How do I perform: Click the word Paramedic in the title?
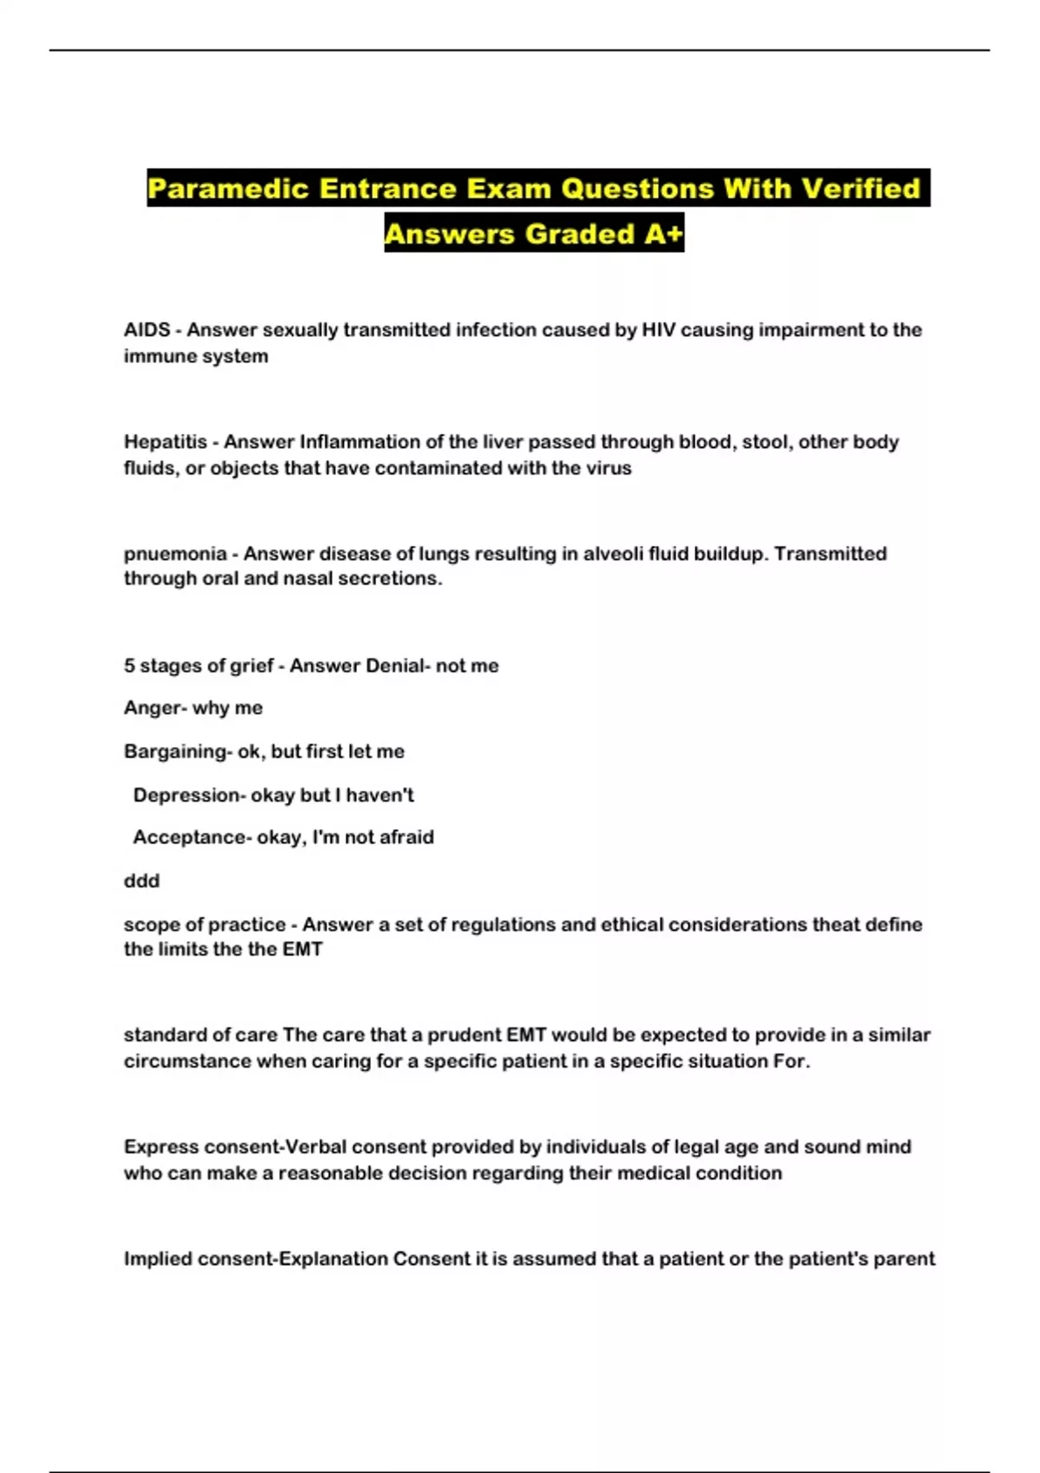coord(228,189)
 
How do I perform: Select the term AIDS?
coord(146,330)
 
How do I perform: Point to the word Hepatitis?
coord(165,442)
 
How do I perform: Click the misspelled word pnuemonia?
coord(175,554)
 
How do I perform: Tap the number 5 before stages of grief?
coord(129,665)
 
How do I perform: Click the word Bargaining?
coord(175,751)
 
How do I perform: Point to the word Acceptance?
coord(189,837)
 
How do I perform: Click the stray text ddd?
coord(141,880)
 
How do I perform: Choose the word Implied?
coord(158,1259)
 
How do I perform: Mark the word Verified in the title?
coord(860,189)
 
